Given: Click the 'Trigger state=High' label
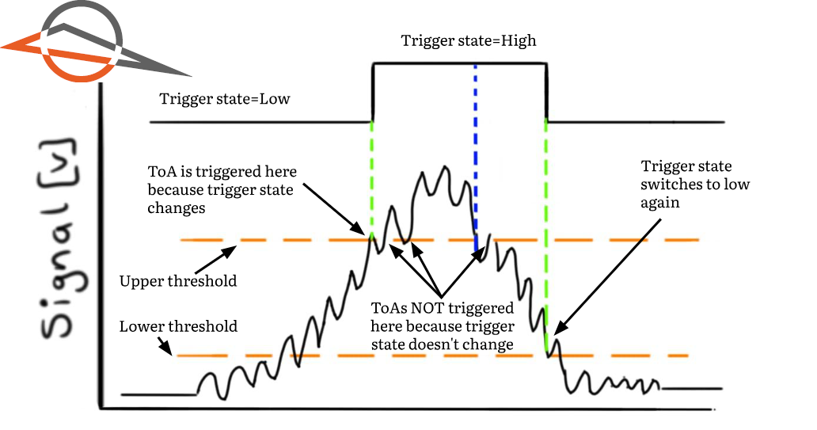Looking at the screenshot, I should tap(469, 40).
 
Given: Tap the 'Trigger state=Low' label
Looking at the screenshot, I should tap(225, 100).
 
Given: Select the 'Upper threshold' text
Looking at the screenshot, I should tap(177, 281).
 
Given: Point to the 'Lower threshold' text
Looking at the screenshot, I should tap(178, 326).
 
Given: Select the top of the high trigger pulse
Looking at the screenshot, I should tap(459, 64).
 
